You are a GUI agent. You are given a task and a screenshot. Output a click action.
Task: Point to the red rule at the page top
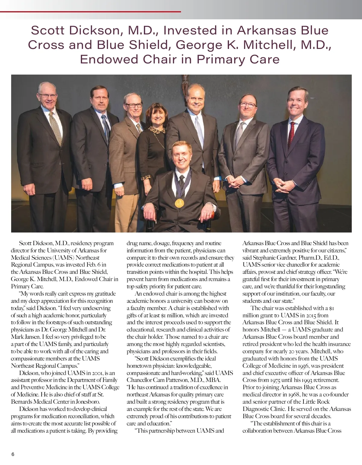[x=91, y=12]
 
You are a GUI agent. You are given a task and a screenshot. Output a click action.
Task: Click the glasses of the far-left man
[x=47, y=96]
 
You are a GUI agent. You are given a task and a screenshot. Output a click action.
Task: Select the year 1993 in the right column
[x=306, y=380]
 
